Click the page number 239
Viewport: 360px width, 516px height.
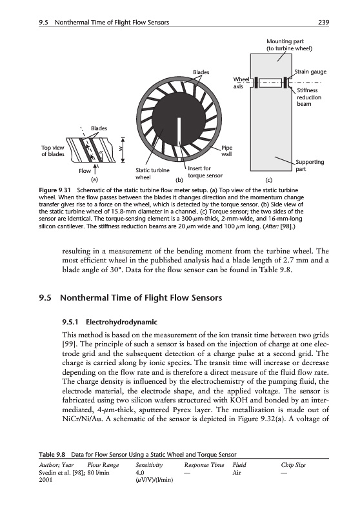(x=323, y=23)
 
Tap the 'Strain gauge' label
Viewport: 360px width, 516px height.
(x=310, y=72)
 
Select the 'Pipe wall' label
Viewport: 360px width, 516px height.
(x=226, y=151)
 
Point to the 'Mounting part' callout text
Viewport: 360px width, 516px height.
(x=289, y=45)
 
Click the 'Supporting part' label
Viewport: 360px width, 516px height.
(x=310, y=166)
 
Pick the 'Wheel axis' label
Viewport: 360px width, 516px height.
(x=241, y=83)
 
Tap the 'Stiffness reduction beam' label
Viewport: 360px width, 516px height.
(x=309, y=97)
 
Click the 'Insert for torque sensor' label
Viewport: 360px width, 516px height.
(x=205, y=172)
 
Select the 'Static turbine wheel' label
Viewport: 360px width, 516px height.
(x=152, y=174)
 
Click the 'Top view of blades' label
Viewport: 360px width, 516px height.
(x=53, y=151)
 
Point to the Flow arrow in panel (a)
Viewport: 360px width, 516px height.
(x=95, y=169)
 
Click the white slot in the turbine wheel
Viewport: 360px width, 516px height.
(x=178, y=132)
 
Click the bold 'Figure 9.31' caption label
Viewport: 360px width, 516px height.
(x=54, y=190)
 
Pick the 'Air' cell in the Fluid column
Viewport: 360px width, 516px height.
(x=237, y=473)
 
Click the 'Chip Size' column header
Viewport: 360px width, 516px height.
(x=293, y=465)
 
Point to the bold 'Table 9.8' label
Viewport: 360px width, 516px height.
(x=52, y=455)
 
